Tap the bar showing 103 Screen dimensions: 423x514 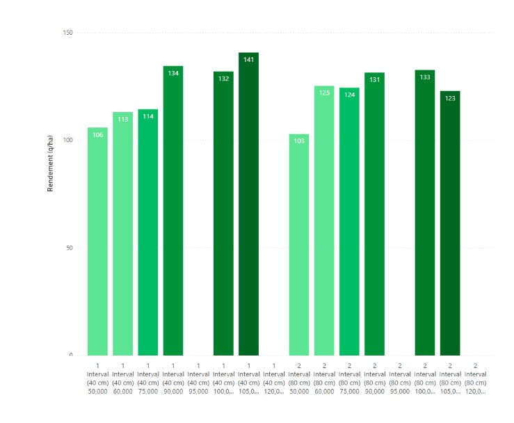click(x=299, y=245)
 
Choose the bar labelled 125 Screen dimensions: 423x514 click(x=324, y=221)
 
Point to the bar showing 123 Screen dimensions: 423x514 click(x=450, y=224)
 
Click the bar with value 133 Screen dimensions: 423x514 click(x=425, y=214)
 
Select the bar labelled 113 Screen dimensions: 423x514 click(x=122, y=234)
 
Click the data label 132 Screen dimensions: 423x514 click(x=223, y=79)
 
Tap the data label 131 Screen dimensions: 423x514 click(x=374, y=80)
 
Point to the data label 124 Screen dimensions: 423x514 click(x=349, y=95)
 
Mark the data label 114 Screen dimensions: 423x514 click(x=148, y=116)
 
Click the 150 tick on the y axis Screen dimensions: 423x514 click(x=67, y=33)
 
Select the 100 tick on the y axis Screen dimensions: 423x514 click(x=67, y=141)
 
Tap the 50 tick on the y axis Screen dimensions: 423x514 click(x=69, y=248)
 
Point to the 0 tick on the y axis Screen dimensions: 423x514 click(x=70, y=356)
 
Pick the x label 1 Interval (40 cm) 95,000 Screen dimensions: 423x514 click(x=198, y=378)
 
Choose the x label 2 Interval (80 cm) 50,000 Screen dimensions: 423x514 click(x=299, y=378)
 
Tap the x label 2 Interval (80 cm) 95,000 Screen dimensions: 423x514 click(x=399, y=378)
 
